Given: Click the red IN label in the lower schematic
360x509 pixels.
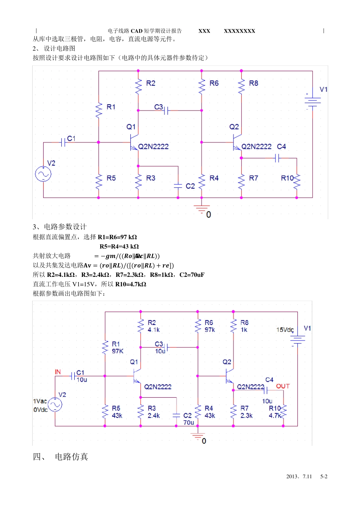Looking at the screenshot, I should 58,372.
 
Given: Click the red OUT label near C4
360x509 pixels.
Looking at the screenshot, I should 283,386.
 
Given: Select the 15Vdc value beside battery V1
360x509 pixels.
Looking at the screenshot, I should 285,330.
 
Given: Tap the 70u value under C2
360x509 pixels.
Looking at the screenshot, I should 188,423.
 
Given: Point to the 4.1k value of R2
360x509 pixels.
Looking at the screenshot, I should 153,330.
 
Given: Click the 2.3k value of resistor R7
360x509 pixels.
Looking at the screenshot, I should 246,415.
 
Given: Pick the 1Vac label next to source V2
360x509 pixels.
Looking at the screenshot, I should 40,401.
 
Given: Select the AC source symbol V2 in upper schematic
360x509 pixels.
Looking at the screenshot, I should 43,174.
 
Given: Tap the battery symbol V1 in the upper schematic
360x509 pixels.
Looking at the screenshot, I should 312,101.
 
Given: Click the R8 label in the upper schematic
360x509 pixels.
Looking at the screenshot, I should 254,83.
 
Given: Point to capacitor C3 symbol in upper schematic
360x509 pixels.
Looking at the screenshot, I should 166,111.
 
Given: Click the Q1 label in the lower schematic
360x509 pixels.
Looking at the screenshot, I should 134,362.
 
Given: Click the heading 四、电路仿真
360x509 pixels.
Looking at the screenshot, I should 61,457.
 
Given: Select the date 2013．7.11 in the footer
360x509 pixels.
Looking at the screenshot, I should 299,477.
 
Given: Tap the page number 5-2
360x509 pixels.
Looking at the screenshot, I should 324,477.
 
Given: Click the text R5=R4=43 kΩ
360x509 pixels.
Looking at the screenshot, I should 119,247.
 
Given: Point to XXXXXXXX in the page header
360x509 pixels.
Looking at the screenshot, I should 239,31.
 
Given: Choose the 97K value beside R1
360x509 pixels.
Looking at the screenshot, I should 117,351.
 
